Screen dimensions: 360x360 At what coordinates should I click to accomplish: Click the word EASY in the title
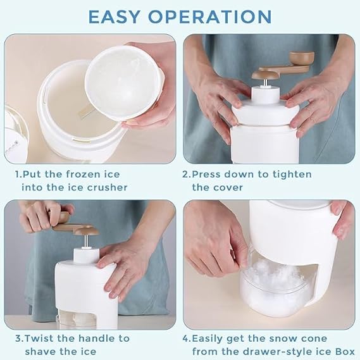tap(114, 16)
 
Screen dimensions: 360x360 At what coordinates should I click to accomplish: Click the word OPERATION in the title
tap(211, 16)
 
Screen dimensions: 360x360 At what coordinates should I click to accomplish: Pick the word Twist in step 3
tap(39, 338)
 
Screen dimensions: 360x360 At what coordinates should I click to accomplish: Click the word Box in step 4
tap(344, 352)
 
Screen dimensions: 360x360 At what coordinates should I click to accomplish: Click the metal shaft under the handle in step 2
tap(264, 83)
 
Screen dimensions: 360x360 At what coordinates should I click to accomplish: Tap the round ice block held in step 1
tap(123, 82)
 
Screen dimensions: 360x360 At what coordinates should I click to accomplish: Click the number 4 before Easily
tap(185, 338)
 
